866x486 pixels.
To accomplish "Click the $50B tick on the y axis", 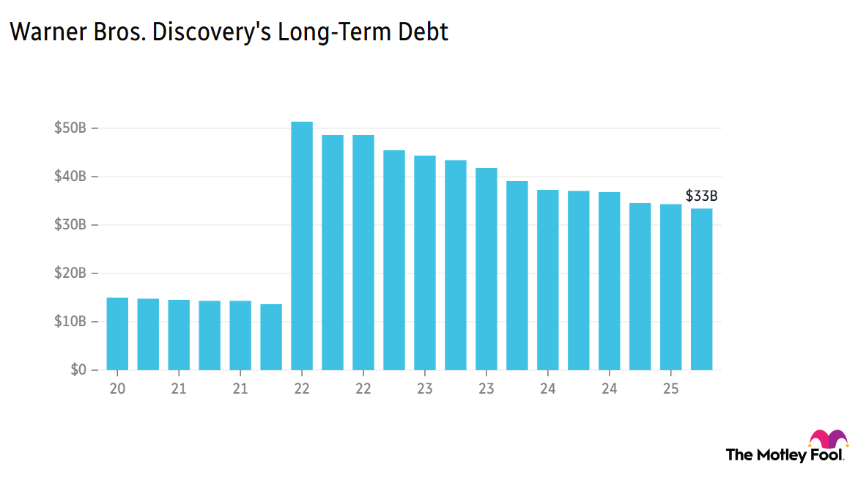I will click(x=71, y=128).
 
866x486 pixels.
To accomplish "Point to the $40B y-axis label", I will click(x=71, y=177).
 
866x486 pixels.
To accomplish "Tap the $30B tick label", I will click(x=71, y=225).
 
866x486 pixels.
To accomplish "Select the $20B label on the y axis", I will click(x=71, y=273).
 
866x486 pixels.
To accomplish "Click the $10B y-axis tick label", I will click(x=71, y=322).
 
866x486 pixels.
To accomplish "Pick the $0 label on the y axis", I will click(x=78, y=370).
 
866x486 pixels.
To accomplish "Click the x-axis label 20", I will click(x=117, y=388).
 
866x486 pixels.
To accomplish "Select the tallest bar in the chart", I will click(x=302, y=246).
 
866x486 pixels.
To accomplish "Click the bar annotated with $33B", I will click(x=702, y=290).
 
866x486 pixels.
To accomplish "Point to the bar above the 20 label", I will click(x=117, y=334).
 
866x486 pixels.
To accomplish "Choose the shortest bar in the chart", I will click(x=271, y=337).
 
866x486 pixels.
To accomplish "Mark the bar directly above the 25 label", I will click(x=671, y=287).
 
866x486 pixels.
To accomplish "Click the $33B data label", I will click(x=701, y=196).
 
